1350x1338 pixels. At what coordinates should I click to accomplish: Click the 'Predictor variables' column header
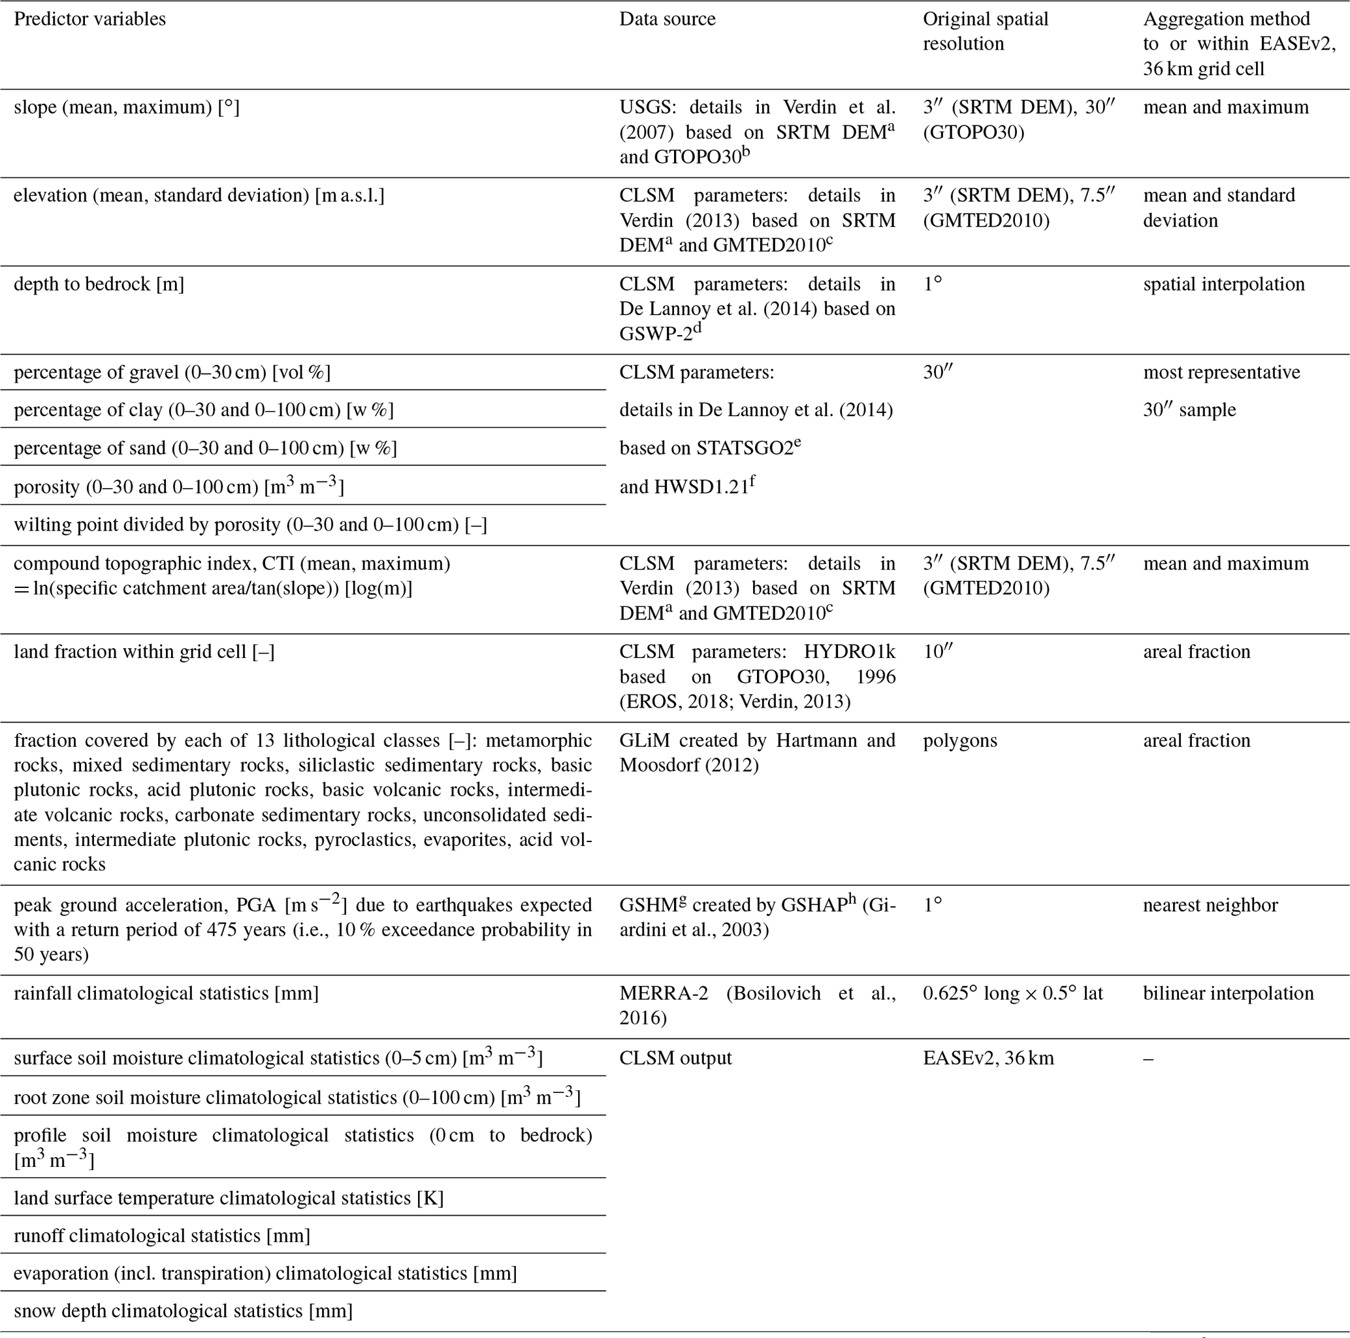pos(89,19)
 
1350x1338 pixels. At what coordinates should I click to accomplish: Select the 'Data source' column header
pos(667,19)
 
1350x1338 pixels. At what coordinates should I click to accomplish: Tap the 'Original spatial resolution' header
pos(986,31)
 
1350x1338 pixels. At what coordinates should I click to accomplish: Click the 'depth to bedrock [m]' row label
pos(99,284)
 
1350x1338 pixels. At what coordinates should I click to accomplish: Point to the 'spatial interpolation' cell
pos(1223,284)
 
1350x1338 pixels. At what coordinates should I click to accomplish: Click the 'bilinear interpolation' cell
pos(1228,992)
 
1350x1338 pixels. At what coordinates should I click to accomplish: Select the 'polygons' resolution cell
pos(960,740)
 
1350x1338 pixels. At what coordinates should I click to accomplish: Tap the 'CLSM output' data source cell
pos(675,1058)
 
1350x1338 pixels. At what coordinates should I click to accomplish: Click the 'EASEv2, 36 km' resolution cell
pos(988,1058)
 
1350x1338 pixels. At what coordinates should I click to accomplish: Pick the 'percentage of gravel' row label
pos(172,372)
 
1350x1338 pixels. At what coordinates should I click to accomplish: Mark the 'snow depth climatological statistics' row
pos(183,1310)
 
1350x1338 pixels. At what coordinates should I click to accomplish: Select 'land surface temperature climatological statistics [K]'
pos(229,1198)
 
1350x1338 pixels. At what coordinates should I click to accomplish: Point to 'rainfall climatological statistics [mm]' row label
pos(167,992)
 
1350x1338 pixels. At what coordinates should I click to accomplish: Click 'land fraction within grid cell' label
pos(144,651)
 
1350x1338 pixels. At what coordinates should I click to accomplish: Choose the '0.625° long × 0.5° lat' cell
pos(1012,992)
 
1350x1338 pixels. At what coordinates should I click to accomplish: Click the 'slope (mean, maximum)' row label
pos(127,107)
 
